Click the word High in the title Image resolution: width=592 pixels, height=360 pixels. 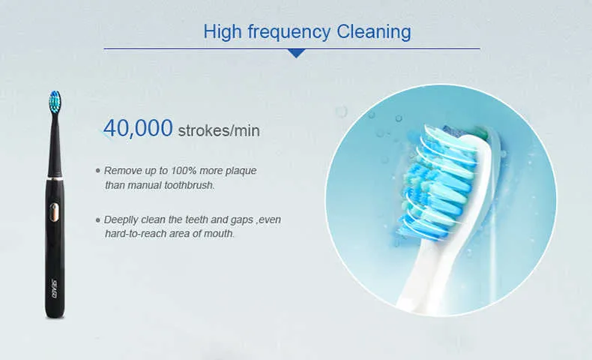(222, 31)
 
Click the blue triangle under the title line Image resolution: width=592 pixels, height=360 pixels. (297, 53)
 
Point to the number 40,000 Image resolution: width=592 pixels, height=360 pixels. (138, 128)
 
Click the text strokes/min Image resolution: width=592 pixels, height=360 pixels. (219, 130)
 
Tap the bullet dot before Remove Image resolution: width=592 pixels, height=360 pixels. (98, 171)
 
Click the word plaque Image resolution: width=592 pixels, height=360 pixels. (241, 171)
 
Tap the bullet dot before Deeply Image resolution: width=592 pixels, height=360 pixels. (98, 220)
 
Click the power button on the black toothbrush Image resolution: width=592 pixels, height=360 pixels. (55, 212)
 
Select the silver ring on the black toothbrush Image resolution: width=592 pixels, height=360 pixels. (55, 178)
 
